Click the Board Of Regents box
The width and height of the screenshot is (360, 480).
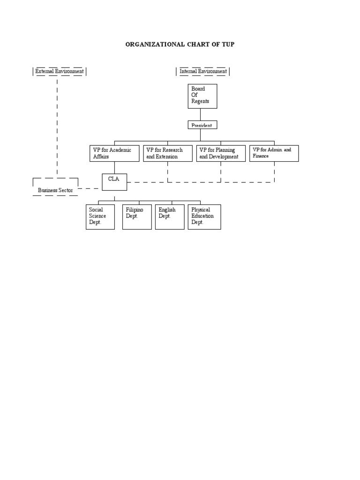[202, 96]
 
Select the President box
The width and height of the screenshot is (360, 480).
[202, 125]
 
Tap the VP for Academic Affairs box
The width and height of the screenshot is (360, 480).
[114, 153]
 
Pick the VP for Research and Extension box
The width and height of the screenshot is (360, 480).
[168, 153]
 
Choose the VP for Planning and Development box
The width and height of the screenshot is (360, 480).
[221, 153]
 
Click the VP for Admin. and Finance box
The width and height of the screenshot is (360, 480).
[274, 153]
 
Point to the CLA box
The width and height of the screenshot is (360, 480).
[114, 181]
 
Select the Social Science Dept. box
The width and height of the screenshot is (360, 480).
[100, 217]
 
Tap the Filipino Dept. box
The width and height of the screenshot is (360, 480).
[137, 217]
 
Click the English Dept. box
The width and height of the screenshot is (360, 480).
[170, 217]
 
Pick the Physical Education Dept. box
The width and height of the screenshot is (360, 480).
[204, 217]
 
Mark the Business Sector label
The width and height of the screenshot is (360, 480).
[55, 190]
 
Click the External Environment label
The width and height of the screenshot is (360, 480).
[60, 71]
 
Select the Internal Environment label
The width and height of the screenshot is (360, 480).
[203, 71]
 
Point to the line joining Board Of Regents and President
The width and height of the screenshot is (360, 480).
[201, 115]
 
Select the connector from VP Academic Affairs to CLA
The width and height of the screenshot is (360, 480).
[114, 167]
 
